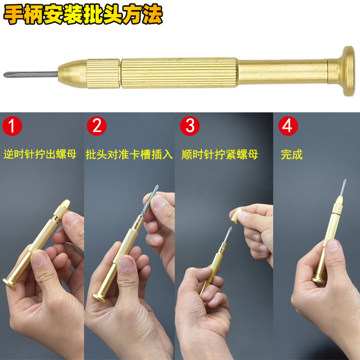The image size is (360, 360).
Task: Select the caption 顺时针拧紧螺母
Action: coord(220,154)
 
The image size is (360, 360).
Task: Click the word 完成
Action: coord(292,154)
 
